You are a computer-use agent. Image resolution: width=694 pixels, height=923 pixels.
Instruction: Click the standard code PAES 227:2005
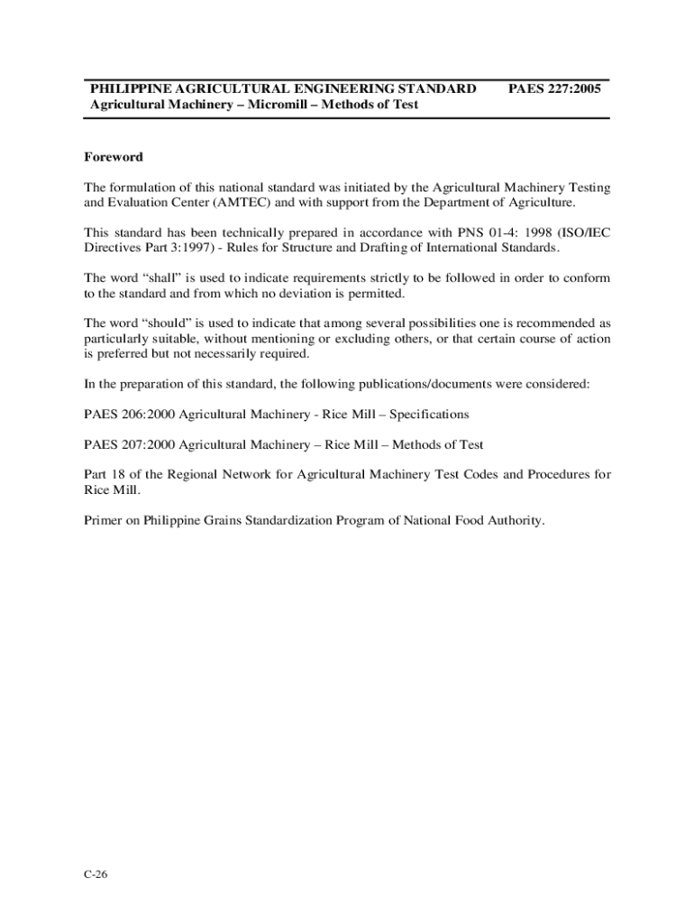(x=554, y=89)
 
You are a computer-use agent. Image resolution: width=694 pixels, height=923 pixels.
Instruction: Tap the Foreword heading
(x=114, y=157)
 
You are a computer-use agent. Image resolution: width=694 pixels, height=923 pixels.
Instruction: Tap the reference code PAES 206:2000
(x=131, y=415)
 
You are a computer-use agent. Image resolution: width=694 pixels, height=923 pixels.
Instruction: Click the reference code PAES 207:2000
(x=131, y=444)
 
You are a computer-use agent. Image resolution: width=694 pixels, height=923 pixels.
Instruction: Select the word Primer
(x=105, y=521)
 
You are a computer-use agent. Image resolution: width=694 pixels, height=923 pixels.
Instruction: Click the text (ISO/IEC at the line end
(x=579, y=233)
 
